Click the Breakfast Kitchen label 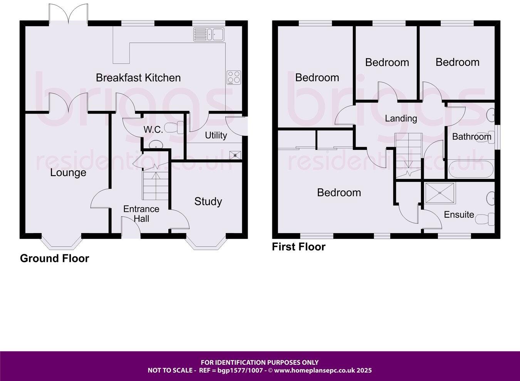138,78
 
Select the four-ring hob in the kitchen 233,77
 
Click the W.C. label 153,130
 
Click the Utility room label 216,135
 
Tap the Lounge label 68,173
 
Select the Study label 208,201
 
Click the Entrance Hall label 141,214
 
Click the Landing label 401,118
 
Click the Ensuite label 459,215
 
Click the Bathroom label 471,136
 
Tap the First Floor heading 299,247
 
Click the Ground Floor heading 54,258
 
